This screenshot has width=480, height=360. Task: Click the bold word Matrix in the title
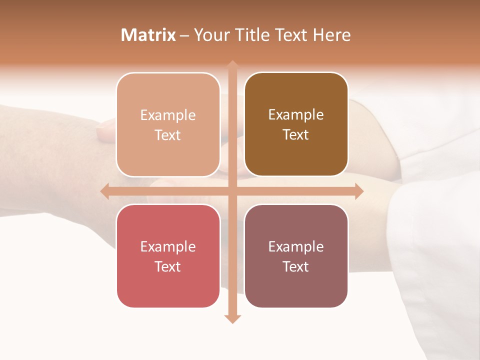tap(148, 35)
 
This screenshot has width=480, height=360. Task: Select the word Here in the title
tap(332, 35)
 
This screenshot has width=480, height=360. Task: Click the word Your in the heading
tap(212, 35)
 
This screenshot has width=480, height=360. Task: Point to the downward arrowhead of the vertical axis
tap(232, 318)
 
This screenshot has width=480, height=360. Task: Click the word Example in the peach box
tap(168, 115)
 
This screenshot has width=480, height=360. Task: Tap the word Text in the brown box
tap(296, 135)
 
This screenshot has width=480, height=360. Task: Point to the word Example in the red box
tap(168, 247)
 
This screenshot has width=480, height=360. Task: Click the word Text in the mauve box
tap(296, 267)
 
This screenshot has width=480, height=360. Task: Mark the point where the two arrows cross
tap(232, 191)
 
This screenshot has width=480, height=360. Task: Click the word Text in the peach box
tap(168, 135)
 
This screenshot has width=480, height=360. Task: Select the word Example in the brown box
tap(296, 115)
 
